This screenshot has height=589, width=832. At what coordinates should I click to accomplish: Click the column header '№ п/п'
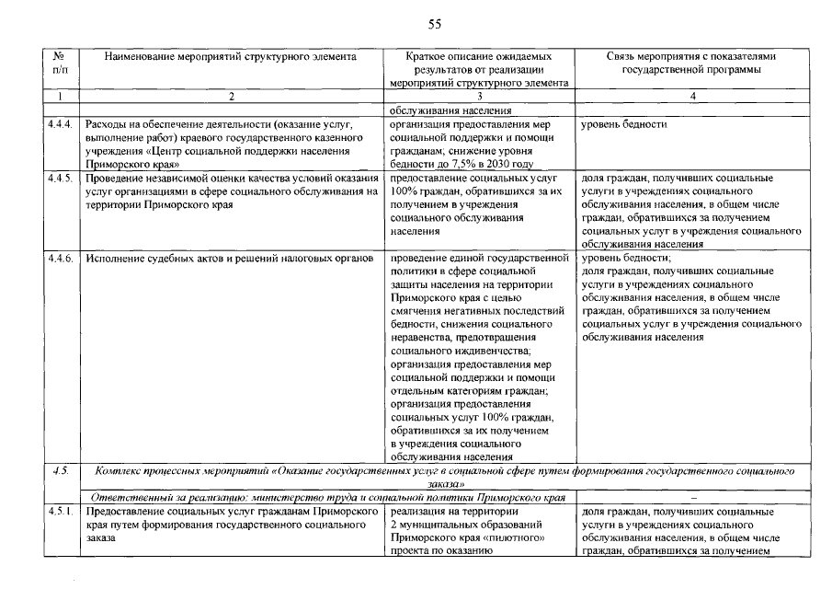[60, 63]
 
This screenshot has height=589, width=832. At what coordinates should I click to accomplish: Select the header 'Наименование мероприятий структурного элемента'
[230, 56]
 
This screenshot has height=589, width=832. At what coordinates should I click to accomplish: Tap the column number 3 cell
[479, 96]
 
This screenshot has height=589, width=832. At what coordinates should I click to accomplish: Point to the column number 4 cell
[691, 96]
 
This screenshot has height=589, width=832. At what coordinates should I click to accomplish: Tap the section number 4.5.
[60, 470]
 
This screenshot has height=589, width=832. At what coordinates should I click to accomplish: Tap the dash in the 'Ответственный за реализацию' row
[690, 497]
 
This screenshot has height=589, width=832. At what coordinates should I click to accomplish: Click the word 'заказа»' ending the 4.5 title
[446, 483]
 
